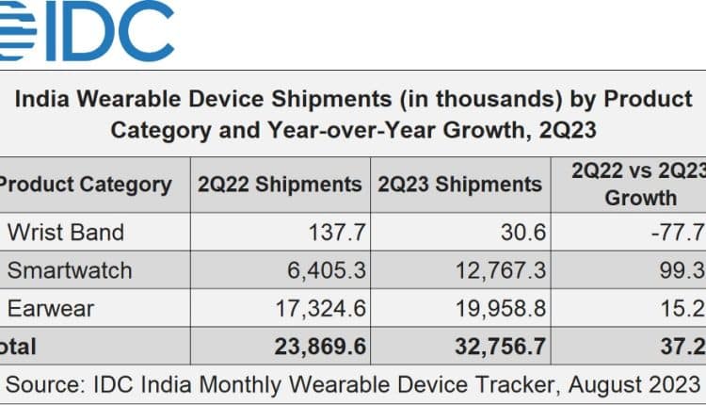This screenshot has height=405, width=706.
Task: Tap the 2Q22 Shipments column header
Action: (x=280, y=184)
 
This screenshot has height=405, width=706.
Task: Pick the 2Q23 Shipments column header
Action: (x=459, y=184)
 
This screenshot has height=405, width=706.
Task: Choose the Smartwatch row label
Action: (x=70, y=271)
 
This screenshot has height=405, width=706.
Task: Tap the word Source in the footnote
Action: (x=44, y=383)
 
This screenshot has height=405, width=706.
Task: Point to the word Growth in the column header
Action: (x=640, y=198)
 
